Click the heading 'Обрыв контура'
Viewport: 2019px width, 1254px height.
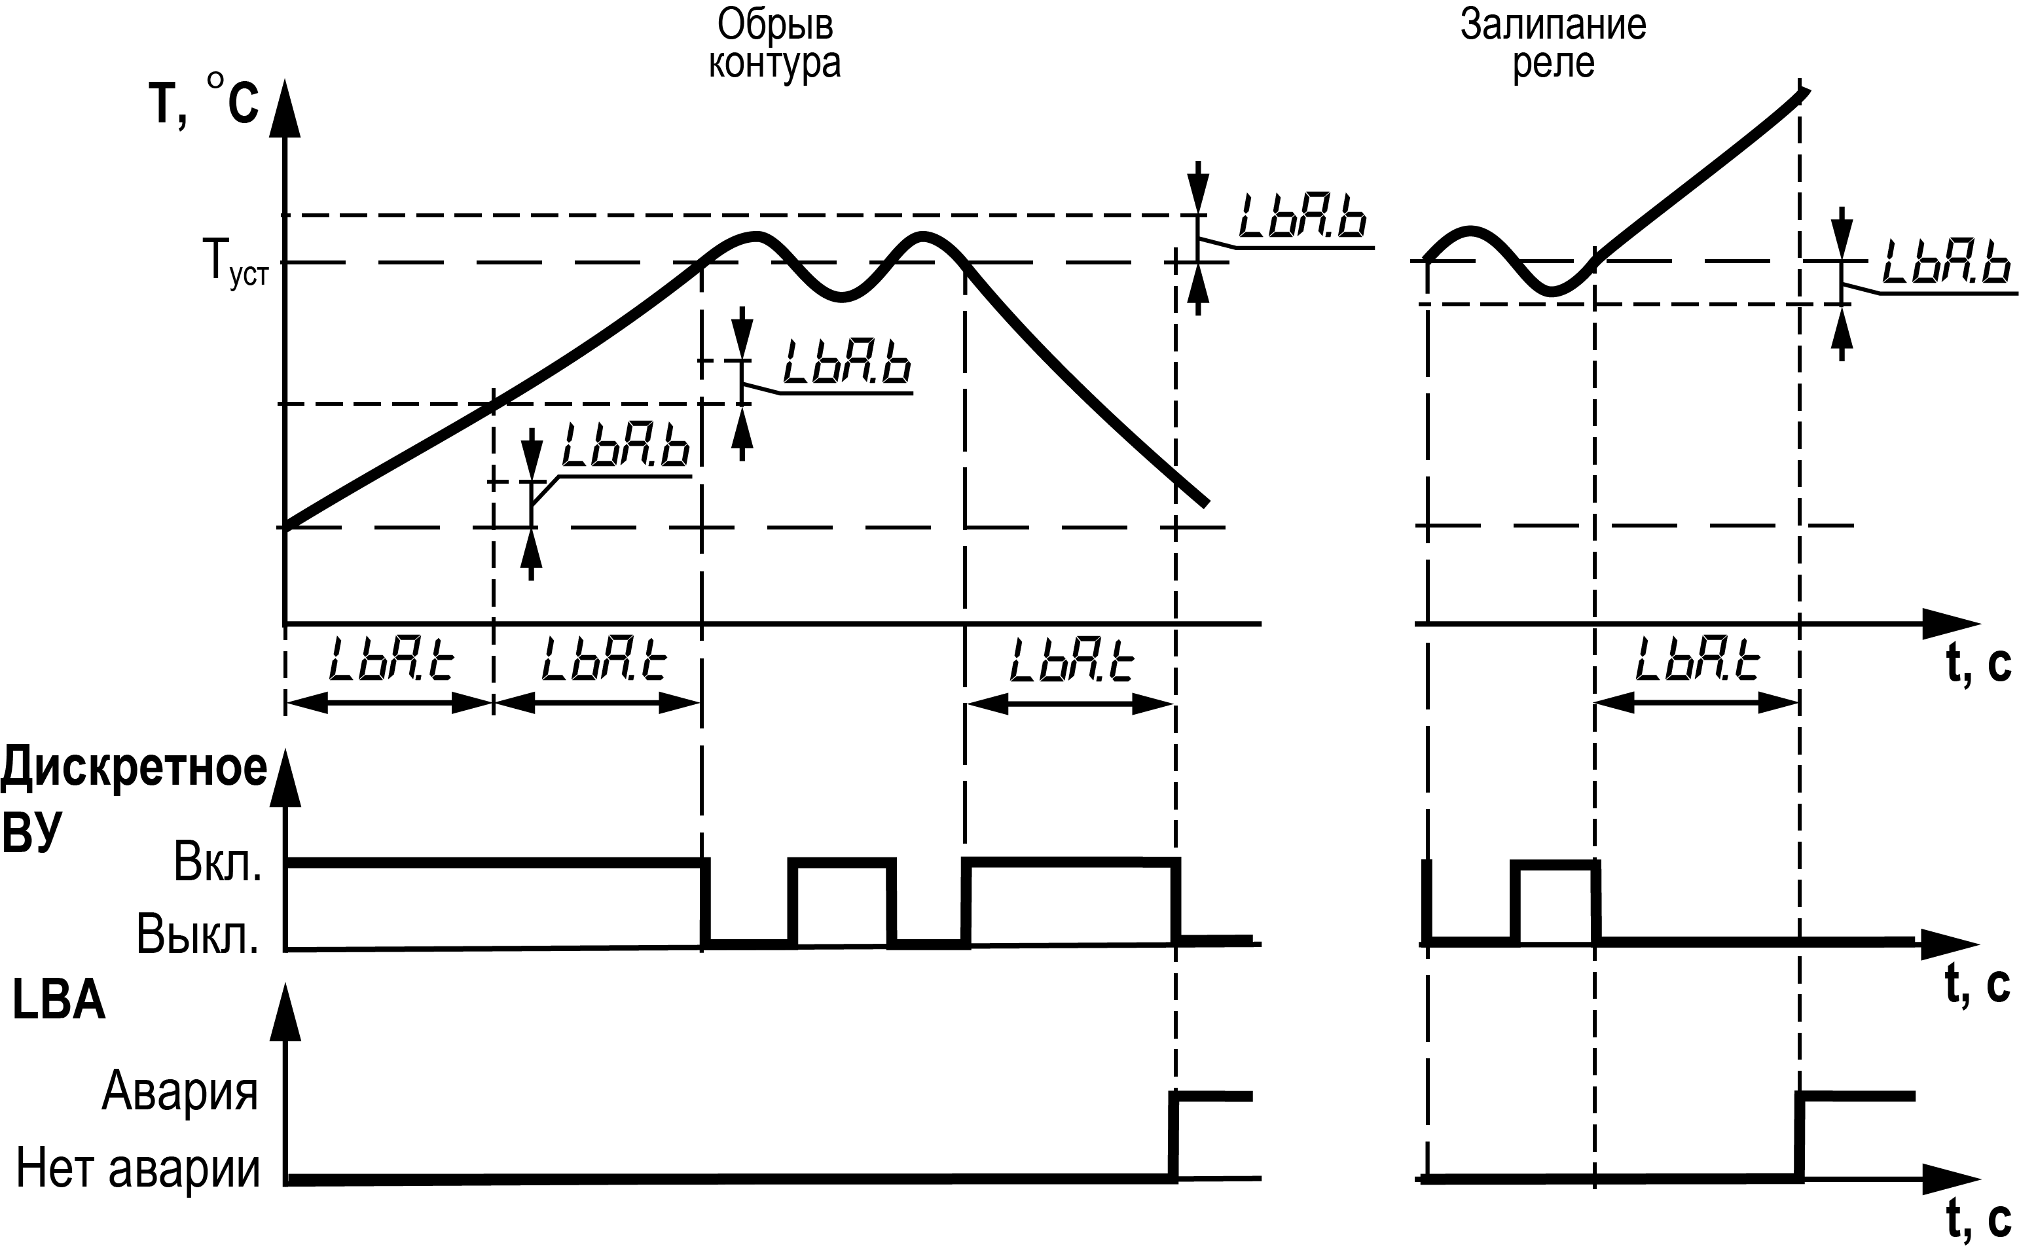(x=774, y=44)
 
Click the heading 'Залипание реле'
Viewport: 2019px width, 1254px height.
(x=1553, y=44)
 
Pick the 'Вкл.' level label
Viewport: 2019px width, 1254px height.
(x=217, y=863)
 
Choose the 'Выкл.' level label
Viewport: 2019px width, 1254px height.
(x=198, y=935)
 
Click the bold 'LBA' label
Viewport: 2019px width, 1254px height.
(x=59, y=1002)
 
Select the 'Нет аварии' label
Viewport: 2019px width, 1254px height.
(x=137, y=1168)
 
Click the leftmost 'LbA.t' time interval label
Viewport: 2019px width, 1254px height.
(x=391, y=658)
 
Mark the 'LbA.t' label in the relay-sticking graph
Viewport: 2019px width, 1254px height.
(x=1697, y=658)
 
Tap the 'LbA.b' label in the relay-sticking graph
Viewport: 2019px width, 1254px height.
(x=1946, y=264)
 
